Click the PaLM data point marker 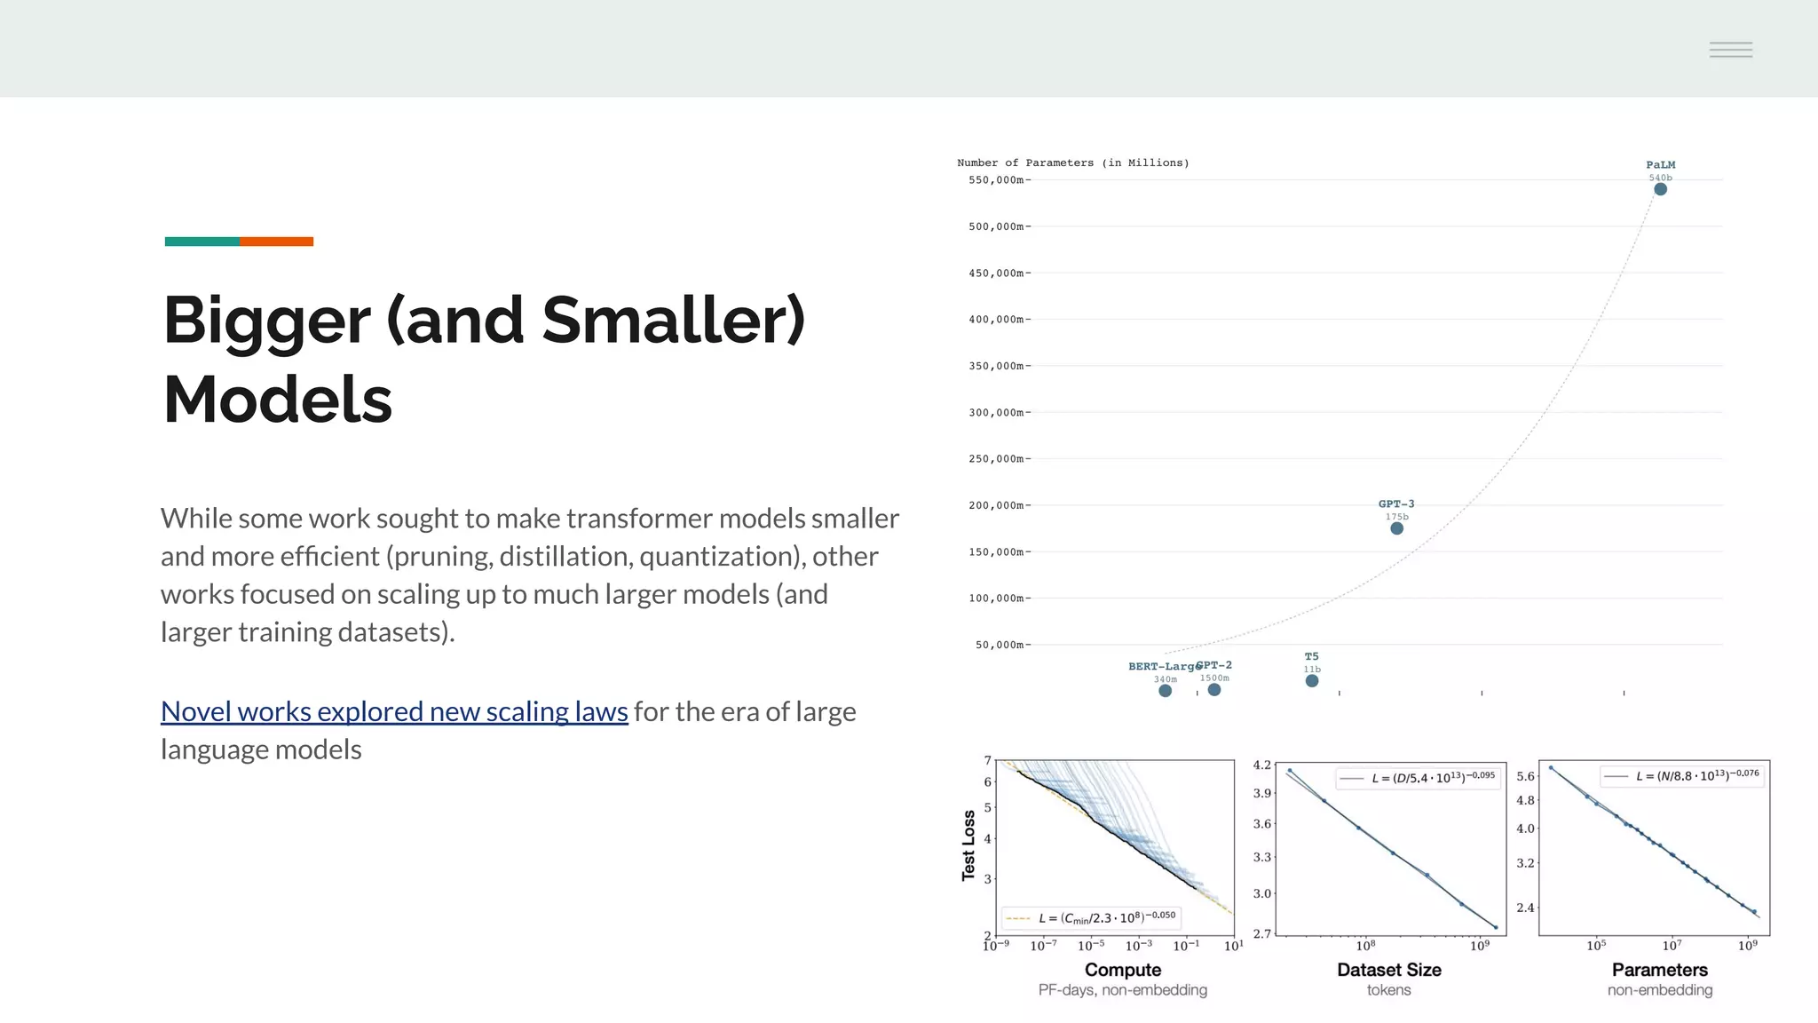pos(1660,189)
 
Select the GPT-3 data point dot pos(1396,528)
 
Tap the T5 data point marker pos(1311,681)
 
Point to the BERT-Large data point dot pos(1165,691)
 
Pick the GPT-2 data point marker pos(1213,690)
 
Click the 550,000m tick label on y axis pos(998,180)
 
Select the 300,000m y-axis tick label pos(998,413)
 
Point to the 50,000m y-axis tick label pos(1001,645)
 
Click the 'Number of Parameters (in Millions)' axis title pos(1072,163)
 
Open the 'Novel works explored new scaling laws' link pos(394,711)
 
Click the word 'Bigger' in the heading pos(266,321)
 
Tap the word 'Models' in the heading pos(277,400)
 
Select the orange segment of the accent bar pos(276,242)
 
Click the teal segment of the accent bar pos(202,242)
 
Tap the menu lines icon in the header pos(1730,50)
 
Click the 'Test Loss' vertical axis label pos(968,845)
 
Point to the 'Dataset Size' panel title pos(1388,970)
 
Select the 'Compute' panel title pos(1122,970)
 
